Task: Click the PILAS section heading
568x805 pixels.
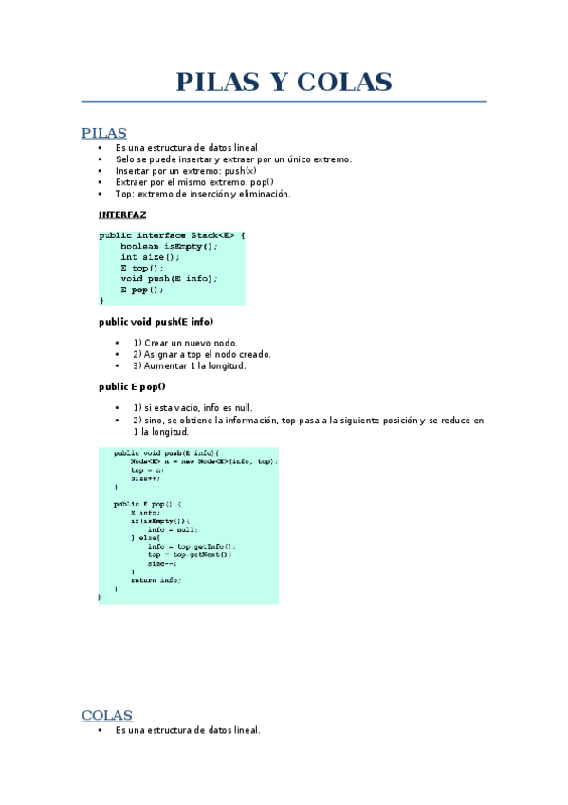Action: pos(104,133)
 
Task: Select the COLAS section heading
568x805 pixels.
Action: pos(107,715)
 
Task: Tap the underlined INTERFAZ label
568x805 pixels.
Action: pos(122,215)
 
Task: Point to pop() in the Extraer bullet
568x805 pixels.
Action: pos(261,182)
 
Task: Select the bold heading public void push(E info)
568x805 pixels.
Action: pos(156,322)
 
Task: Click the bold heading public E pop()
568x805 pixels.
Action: pos(132,386)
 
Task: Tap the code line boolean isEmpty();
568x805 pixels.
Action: pos(169,246)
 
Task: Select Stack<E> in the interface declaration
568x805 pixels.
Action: pos(211,235)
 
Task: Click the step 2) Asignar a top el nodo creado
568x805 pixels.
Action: pos(201,354)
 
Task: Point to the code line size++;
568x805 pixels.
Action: pos(146,478)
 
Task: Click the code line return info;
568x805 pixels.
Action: pos(156,579)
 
